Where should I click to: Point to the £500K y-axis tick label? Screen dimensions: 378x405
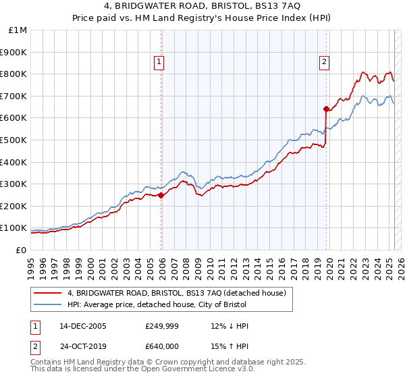pyautogui.click(x=14, y=140)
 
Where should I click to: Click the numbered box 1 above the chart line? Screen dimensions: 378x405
pyautogui.click(x=159, y=63)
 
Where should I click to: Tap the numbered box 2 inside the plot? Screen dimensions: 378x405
pyautogui.click(x=324, y=63)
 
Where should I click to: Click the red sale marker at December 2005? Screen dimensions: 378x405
pyautogui.click(x=161, y=196)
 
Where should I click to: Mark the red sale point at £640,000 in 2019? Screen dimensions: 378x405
pyautogui.click(x=326, y=109)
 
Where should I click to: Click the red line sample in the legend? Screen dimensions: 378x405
pyautogui.click(x=48, y=293)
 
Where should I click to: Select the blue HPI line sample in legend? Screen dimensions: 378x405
pyautogui.click(x=48, y=304)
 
